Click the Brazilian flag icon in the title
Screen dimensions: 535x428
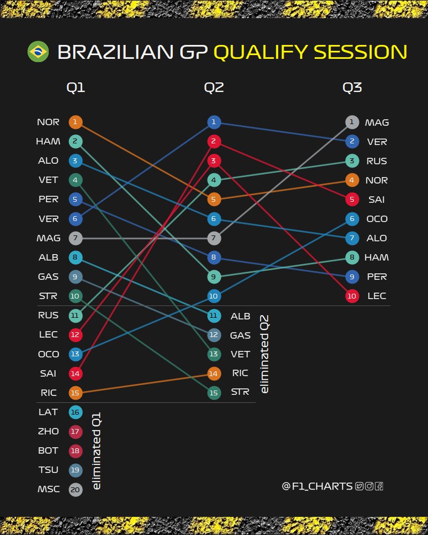click(x=37, y=51)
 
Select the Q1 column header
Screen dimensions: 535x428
click(x=75, y=88)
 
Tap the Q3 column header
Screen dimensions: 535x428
click(x=352, y=88)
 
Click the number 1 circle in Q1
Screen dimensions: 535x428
click(x=75, y=123)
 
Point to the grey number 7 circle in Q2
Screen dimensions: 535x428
click(x=213, y=238)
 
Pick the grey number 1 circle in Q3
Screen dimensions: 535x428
click(x=351, y=123)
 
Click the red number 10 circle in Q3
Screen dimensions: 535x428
click(x=351, y=296)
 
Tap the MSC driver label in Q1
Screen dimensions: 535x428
click(x=48, y=489)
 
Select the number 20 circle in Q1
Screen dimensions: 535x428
click(x=75, y=489)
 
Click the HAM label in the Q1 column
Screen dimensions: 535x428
click(x=48, y=142)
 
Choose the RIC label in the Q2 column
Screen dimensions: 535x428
click(x=240, y=373)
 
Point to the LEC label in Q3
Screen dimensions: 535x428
click(x=377, y=296)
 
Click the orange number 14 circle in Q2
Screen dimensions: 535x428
click(x=213, y=373)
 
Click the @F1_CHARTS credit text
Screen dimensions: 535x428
click(x=317, y=486)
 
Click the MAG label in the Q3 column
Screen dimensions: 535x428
click(x=377, y=123)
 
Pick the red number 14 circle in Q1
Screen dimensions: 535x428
click(x=75, y=373)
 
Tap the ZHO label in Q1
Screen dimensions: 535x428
click(x=48, y=431)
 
